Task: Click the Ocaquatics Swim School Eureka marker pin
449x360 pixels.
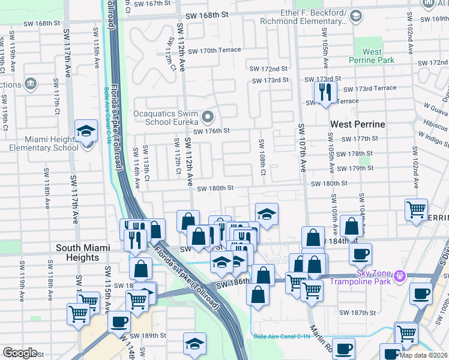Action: tap(208, 116)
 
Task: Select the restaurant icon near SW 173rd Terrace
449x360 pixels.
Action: tap(325, 92)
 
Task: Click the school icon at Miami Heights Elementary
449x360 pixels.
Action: tap(86, 131)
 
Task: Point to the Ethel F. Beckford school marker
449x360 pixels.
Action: tap(356, 16)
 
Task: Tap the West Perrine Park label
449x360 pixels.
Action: tap(372, 56)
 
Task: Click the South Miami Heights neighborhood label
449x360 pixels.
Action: tap(77, 253)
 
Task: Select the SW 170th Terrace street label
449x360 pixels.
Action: tap(214, 50)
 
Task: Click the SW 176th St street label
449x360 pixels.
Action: tap(211, 131)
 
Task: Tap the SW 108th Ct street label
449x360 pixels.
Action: tap(262, 157)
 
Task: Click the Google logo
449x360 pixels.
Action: tap(20, 353)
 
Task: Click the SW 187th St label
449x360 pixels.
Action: tap(357, 313)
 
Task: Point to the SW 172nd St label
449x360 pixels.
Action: tap(270, 70)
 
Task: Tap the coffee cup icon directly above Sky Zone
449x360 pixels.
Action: tap(360, 253)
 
